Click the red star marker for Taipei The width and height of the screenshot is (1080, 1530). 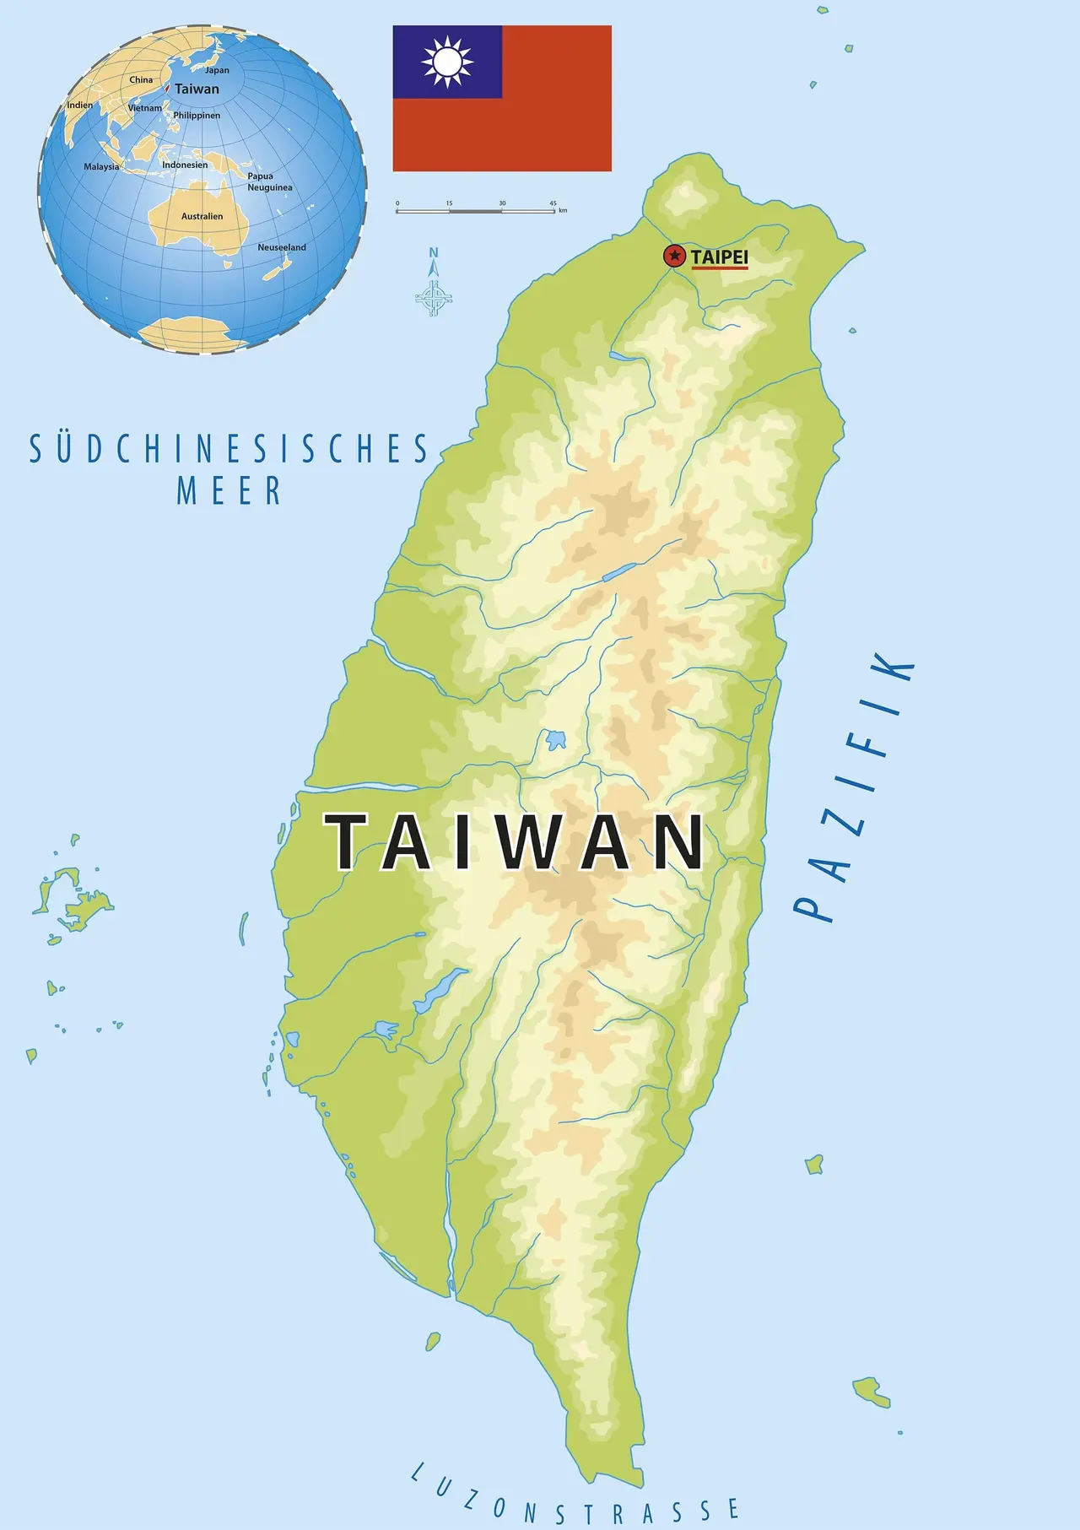pos(674,256)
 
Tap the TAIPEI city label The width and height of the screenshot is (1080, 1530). pos(719,257)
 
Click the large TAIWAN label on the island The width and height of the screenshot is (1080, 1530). pos(516,841)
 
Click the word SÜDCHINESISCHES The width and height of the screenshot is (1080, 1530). pos(229,450)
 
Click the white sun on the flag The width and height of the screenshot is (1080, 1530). pos(447,62)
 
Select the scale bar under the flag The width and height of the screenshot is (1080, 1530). pos(476,210)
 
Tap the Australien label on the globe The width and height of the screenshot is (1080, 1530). pos(202,217)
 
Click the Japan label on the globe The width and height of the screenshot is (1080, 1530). pos(217,71)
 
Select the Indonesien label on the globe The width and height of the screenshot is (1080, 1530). pos(185,165)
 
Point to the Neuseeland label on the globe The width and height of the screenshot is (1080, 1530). pos(282,247)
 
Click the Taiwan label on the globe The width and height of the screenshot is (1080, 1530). pos(197,89)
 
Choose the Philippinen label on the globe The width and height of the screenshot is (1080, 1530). pos(197,116)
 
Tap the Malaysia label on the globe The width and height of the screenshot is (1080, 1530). pos(101,167)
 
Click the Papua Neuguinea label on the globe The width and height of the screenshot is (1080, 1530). pos(269,182)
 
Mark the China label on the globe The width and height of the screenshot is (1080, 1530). pos(141,80)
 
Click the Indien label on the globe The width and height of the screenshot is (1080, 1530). pos(80,105)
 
